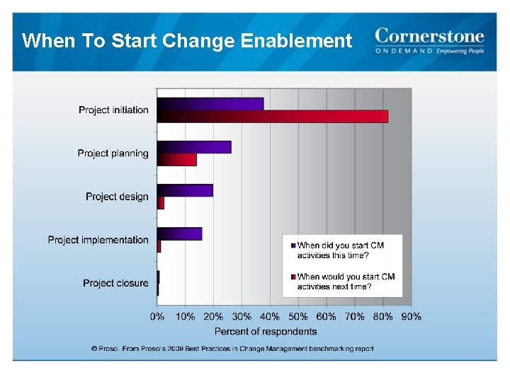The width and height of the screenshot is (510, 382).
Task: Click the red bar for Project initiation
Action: tap(273, 117)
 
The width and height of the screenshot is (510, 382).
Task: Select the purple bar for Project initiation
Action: tap(210, 104)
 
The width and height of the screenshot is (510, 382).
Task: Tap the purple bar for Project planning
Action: tap(194, 147)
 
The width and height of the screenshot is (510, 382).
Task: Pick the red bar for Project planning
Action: tap(177, 160)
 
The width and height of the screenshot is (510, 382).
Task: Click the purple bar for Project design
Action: tap(185, 190)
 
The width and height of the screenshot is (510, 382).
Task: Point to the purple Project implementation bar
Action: tap(180, 233)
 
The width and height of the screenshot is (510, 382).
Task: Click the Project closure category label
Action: tap(115, 283)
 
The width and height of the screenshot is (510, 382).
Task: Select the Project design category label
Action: tap(117, 197)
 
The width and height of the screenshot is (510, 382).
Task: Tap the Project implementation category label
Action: tap(98, 240)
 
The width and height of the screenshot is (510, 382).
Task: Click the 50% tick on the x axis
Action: tap(298, 317)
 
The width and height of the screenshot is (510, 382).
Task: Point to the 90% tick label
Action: tap(411, 317)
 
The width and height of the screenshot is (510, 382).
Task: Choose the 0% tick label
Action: tap(157, 317)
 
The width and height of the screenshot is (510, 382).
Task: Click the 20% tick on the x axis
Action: tap(213, 317)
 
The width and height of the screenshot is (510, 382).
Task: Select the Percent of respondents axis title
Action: tap(266, 331)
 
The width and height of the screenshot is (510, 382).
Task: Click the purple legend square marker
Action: tap(293, 245)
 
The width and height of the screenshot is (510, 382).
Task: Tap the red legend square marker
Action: tap(293, 277)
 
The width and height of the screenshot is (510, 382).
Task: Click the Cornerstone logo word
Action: tap(429, 36)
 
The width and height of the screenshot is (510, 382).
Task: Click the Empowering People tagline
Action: tap(460, 51)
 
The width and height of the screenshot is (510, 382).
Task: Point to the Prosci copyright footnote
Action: tap(232, 349)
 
